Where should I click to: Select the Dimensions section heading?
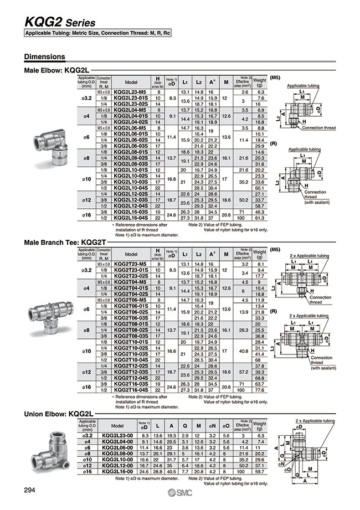45,57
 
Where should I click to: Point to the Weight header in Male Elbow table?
259,83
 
